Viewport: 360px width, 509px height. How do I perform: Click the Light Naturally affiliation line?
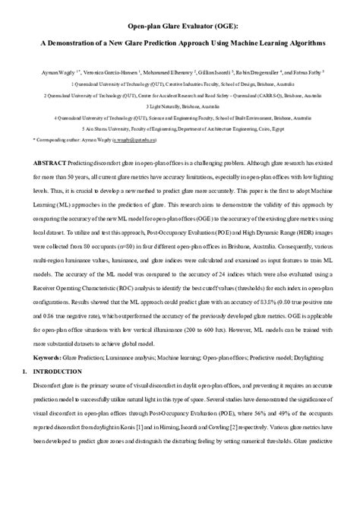[x=179, y=107]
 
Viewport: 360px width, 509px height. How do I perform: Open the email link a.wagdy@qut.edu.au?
[x=134, y=142]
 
